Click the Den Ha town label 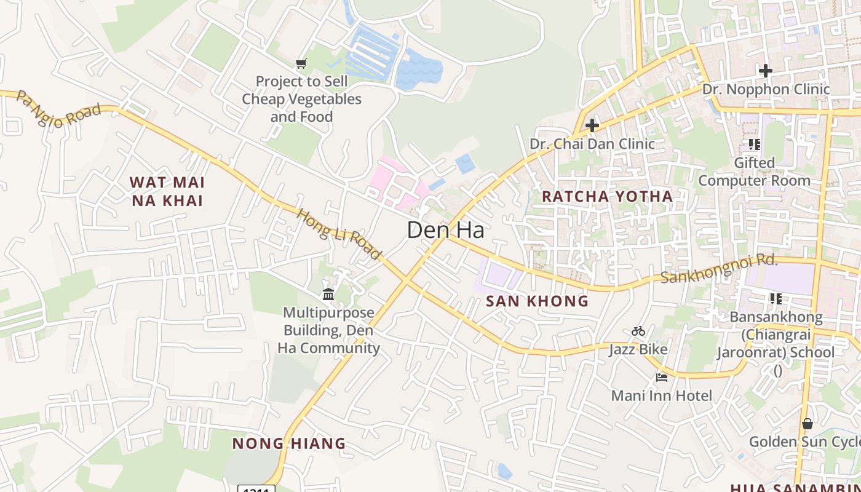coord(445,230)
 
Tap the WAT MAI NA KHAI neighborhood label coord(167,191)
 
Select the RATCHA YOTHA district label coord(607,196)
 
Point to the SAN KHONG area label coord(537,301)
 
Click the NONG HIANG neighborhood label coord(288,443)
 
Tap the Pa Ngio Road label coord(58,109)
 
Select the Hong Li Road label coord(339,234)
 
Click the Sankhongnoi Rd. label coord(719,269)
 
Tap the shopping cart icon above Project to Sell coord(301,63)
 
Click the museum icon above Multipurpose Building coord(328,295)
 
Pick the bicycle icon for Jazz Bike coord(638,331)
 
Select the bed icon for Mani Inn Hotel coord(662,377)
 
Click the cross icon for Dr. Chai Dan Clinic coord(592,125)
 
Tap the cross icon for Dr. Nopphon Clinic coord(766,71)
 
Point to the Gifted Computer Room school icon coord(755,145)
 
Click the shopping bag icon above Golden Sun coord(807,424)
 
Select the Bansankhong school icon coord(776,299)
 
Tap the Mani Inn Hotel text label coord(661,395)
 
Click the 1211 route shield coord(256,488)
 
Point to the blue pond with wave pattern coord(419,69)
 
